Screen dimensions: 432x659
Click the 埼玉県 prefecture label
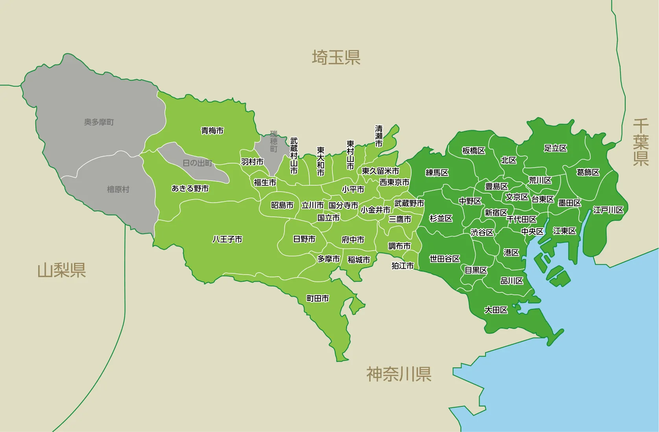pyautogui.click(x=336, y=57)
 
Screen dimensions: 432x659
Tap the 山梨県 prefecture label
pyautogui.click(x=61, y=271)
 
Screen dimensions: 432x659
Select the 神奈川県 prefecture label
pyautogui.click(x=399, y=374)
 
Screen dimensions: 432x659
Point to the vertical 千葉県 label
pyautogui.click(x=641, y=142)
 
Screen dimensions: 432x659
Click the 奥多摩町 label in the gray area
pyautogui.click(x=99, y=122)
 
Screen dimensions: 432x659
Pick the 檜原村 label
pyautogui.click(x=118, y=190)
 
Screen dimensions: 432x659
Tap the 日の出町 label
pyautogui.click(x=197, y=163)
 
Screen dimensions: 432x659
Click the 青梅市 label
pyautogui.click(x=212, y=131)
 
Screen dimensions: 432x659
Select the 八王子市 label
pyautogui.click(x=227, y=239)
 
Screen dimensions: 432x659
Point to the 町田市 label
pyautogui.click(x=318, y=299)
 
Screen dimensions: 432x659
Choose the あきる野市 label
pyautogui.click(x=190, y=189)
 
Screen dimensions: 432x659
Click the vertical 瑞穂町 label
pyautogui.click(x=274, y=142)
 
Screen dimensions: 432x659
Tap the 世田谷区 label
pyautogui.click(x=445, y=259)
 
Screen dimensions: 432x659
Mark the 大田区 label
pyautogui.click(x=496, y=310)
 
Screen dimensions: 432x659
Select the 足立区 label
pyautogui.click(x=556, y=148)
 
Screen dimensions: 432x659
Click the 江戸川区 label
pyautogui.click(x=608, y=210)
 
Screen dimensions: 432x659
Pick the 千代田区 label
pyautogui.click(x=521, y=219)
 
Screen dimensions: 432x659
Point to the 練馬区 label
pyautogui.click(x=437, y=173)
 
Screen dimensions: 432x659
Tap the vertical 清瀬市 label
pyautogui.click(x=378, y=136)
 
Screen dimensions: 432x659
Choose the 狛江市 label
pyautogui.click(x=402, y=266)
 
